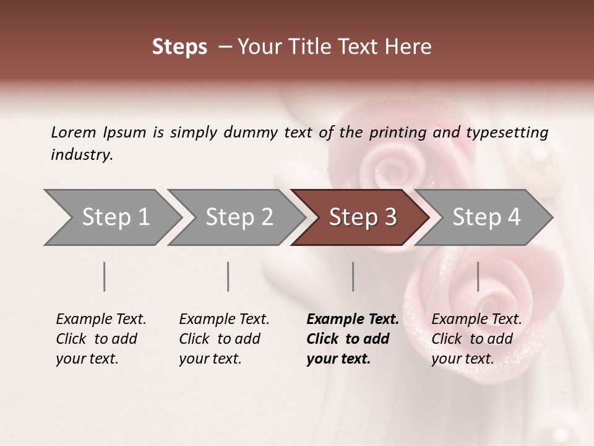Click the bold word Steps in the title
[x=179, y=47]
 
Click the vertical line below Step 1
[x=105, y=276]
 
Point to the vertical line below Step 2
[x=228, y=276]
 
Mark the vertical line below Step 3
[x=353, y=276]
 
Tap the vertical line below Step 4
[x=478, y=276]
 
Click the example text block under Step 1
[x=101, y=339]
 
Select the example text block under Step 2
[x=224, y=339]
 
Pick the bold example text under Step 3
[x=353, y=339]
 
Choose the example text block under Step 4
[x=476, y=339]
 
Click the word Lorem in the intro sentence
[x=74, y=133]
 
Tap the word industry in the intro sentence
[x=82, y=155]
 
